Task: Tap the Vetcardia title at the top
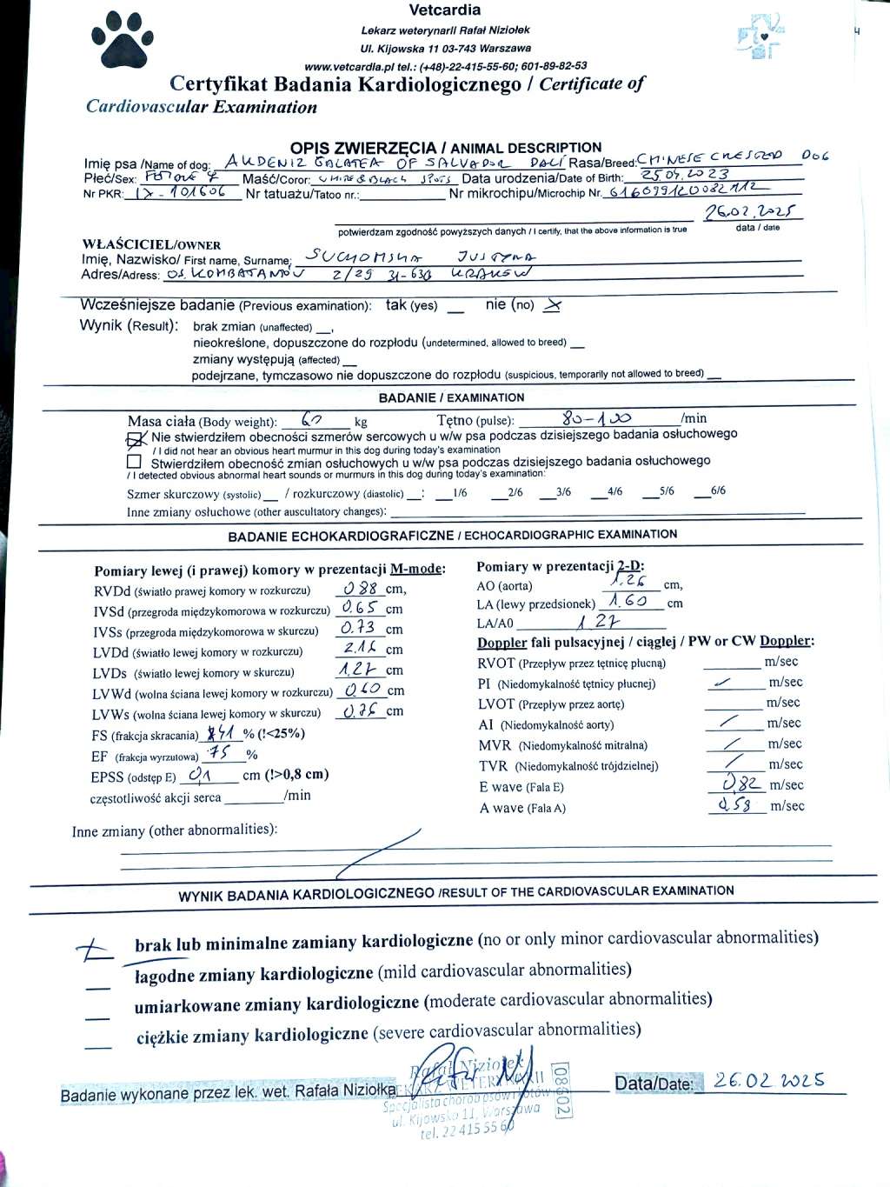[x=444, y=10]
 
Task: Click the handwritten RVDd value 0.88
[x=362, y=587]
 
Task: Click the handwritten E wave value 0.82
[x=741, y=784]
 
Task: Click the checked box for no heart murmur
[x=136, y=438]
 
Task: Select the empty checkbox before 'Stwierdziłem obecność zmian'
[x=134, y=462]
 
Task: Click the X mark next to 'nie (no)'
[x=551, y=305]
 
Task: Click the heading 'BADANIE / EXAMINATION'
[x=451, y=397]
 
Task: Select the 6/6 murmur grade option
[x=717, y=491]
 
